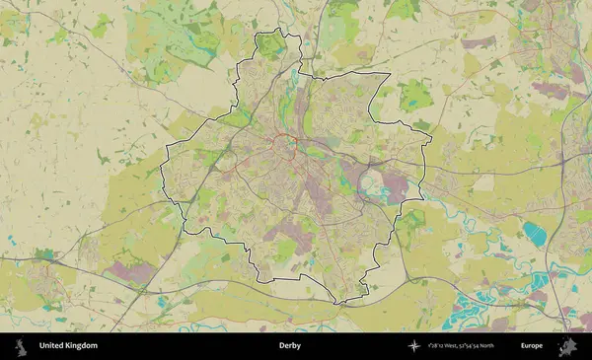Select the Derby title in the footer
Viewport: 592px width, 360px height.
290,346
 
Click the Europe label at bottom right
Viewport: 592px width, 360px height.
532,346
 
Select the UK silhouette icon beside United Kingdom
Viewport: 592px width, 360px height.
20,346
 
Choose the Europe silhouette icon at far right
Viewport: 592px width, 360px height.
567,346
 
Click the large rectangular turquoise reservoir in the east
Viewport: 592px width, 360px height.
534,233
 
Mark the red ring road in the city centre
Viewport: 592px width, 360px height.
293,148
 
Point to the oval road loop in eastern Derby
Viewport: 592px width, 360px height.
375,182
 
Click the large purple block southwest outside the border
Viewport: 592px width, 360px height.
129,268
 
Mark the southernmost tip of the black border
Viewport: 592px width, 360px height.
339,302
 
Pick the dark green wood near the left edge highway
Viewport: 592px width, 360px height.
45,254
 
